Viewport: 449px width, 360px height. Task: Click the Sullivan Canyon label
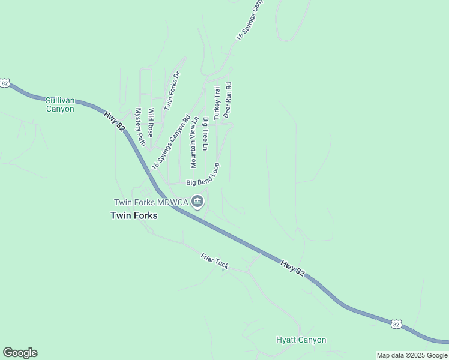click(x=60, y=105)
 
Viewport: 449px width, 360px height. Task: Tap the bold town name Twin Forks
click(x=134, y=215)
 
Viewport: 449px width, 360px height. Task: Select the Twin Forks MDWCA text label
click(x=151, y=202)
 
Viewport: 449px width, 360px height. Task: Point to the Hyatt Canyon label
click(x=301, y=340)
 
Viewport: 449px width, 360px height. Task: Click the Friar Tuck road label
click(x=214, y=261)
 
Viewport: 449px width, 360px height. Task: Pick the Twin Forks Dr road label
click(x=172, y=91)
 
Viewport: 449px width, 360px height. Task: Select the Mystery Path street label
click(x=140, y=127)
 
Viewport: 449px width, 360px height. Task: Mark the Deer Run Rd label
click(x=228, y=100)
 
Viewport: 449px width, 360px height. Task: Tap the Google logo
click(x=20, y=353)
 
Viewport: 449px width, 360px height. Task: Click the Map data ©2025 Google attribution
click(x=412, y=355)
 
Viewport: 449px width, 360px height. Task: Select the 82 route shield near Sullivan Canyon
click(x=5, y=83)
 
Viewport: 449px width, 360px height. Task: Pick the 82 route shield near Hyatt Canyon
click(x=396, y=323)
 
